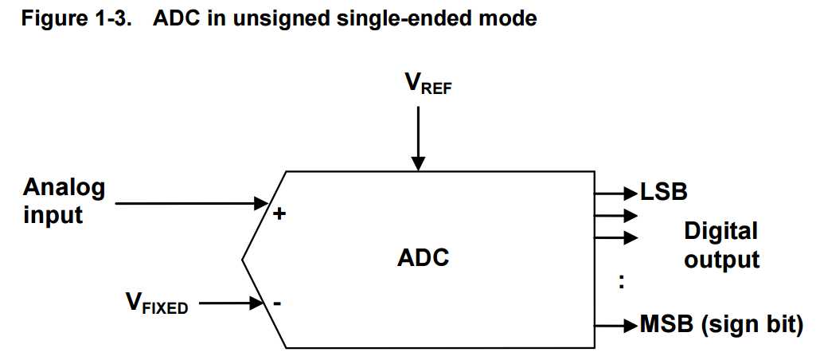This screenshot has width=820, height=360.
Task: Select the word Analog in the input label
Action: (x=64, y=188)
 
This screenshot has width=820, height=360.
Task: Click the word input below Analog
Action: (x=53, y=214)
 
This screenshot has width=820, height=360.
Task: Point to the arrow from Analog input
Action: (x=191, y=203)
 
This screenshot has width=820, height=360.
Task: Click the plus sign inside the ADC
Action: (x=279, y=214)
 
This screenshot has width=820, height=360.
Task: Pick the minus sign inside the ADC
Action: (x=277, y=303)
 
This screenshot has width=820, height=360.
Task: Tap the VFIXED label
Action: (x=156, y=303)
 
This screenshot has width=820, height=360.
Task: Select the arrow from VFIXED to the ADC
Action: (x=231, y=303)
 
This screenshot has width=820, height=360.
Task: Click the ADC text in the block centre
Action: (x=423, y=258)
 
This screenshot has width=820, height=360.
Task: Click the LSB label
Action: (x=664, y=192)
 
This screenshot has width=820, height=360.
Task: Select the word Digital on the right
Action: (x=720, y=232)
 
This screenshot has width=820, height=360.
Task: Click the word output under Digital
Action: (x=722, y=260)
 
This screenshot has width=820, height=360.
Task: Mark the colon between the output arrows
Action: (x=621, y=282)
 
